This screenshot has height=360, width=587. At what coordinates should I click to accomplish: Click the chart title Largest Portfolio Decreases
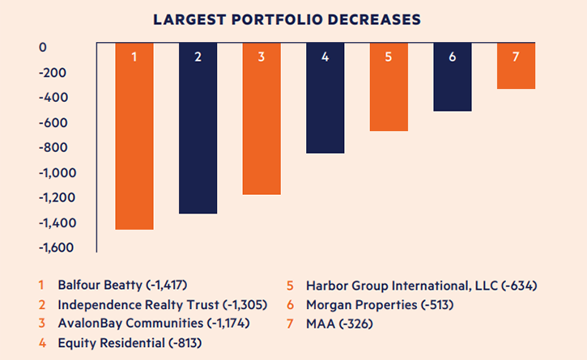[293, 17]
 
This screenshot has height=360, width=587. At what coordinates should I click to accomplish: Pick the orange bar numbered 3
[262, 118]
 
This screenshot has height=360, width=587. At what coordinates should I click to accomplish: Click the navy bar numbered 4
[325, 98]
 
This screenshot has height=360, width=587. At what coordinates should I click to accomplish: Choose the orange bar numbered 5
[389, 87]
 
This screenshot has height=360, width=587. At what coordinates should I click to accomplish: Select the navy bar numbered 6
[453, 77]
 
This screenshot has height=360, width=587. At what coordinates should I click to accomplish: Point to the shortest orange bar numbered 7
[516, 66]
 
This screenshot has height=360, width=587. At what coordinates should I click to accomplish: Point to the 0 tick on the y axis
[43, 48]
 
